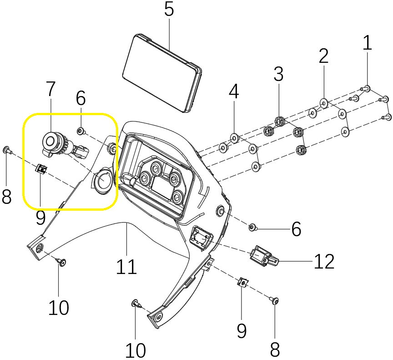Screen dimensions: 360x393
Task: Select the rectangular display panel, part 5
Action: (162, 73)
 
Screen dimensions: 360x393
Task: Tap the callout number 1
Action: (367, 43)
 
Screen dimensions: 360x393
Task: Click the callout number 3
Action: (278, 73)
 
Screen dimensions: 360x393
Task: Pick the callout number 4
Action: (233, 92)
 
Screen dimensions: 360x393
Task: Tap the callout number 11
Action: (126, 267)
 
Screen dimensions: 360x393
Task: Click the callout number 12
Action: (324, 261)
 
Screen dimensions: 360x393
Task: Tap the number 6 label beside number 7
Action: (81, 97)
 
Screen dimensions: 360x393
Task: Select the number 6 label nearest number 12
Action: (296, 229)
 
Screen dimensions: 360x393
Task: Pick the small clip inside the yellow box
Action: (41, 169)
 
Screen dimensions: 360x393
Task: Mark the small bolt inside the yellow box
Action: (81, 131)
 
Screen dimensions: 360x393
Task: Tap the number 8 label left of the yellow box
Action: (6, 197)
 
